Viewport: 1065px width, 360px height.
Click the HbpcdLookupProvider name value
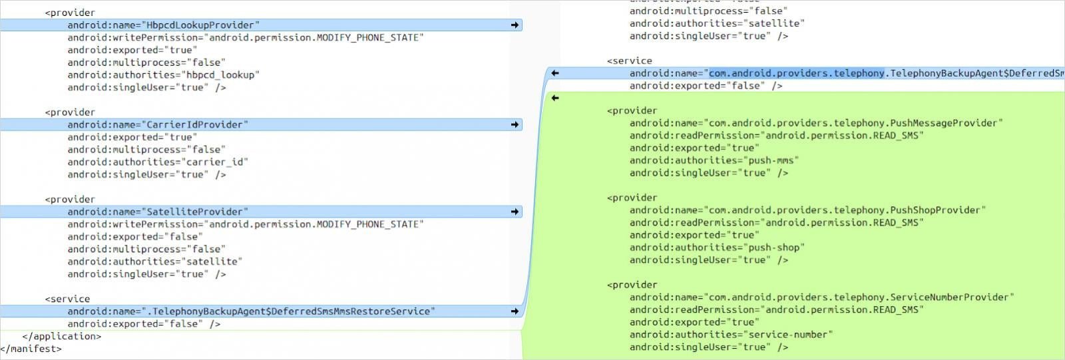click(x=203, y=25)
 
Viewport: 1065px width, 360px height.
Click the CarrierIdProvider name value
click(x=197, y=124)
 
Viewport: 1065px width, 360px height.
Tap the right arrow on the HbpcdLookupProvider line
click(x=515, y=25)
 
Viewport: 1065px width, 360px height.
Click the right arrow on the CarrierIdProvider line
click(x=515, y=124)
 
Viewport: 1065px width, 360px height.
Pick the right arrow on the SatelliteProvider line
click(x=515, y=212)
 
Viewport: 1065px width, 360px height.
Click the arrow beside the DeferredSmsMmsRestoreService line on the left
click(x=515, y=311)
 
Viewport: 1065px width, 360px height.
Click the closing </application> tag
click(x=62, y=337)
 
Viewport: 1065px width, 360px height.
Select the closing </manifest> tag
click(x=31, y=349)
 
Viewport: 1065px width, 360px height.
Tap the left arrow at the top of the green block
click(x=554, y=98)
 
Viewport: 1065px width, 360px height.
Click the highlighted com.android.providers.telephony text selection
click(x=796, y=73)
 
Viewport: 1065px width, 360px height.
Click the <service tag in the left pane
click(x=67, y=299)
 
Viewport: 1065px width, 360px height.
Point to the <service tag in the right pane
click(x=630, y=61)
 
